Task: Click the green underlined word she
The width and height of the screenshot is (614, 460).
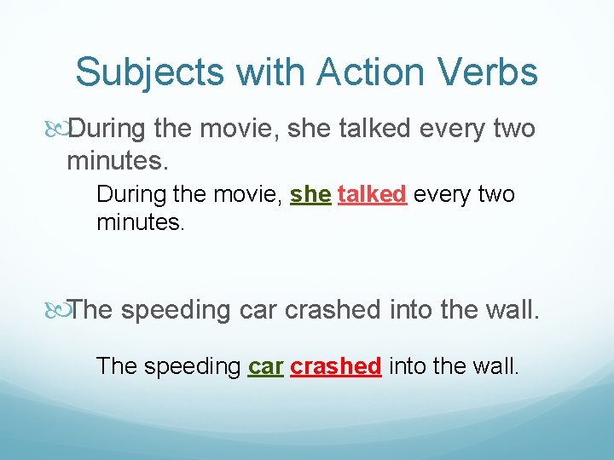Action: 310,195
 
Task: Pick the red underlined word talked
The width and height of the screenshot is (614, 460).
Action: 372,195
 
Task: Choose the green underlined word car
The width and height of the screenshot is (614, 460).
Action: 265,366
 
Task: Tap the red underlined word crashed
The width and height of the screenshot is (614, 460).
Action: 336,366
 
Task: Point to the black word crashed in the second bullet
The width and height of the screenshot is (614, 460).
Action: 334,310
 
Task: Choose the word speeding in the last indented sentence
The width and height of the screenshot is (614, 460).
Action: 193,366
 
